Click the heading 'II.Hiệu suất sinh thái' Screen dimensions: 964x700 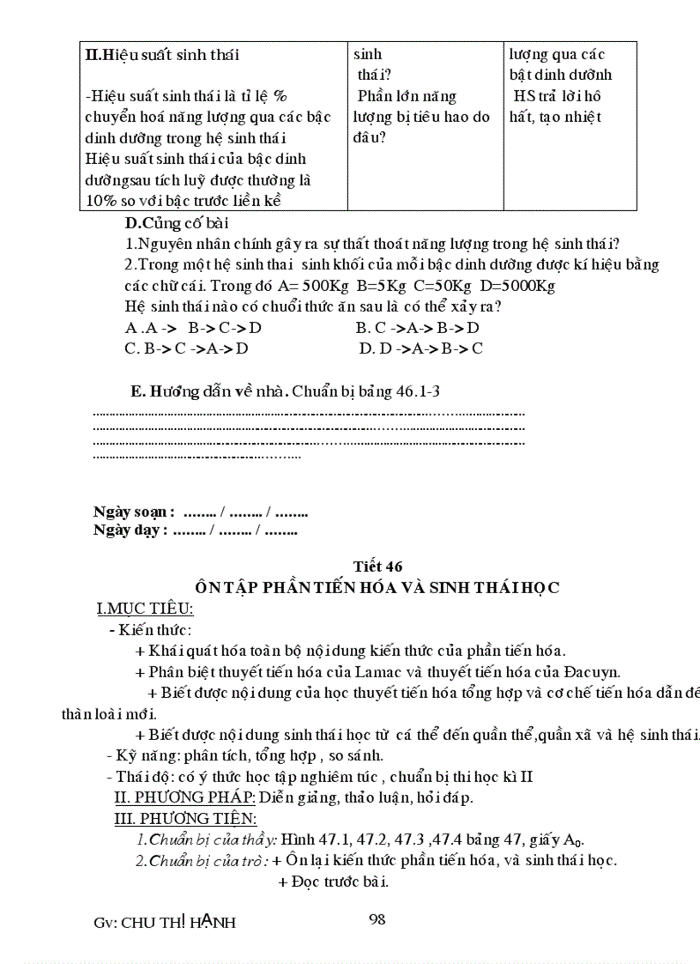(162, 55)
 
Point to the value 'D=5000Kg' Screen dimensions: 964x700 (522, 285)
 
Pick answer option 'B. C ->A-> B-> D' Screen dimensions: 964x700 (417, 327)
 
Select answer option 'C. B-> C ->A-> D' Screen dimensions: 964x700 (186, 348)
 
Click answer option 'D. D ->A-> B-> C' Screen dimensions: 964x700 (421, 348)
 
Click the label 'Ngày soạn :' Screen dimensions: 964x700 (134, 512)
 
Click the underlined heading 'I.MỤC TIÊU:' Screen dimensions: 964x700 (145, 609)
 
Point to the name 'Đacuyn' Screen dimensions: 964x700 (592, 671)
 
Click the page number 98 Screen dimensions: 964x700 (377, 919)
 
